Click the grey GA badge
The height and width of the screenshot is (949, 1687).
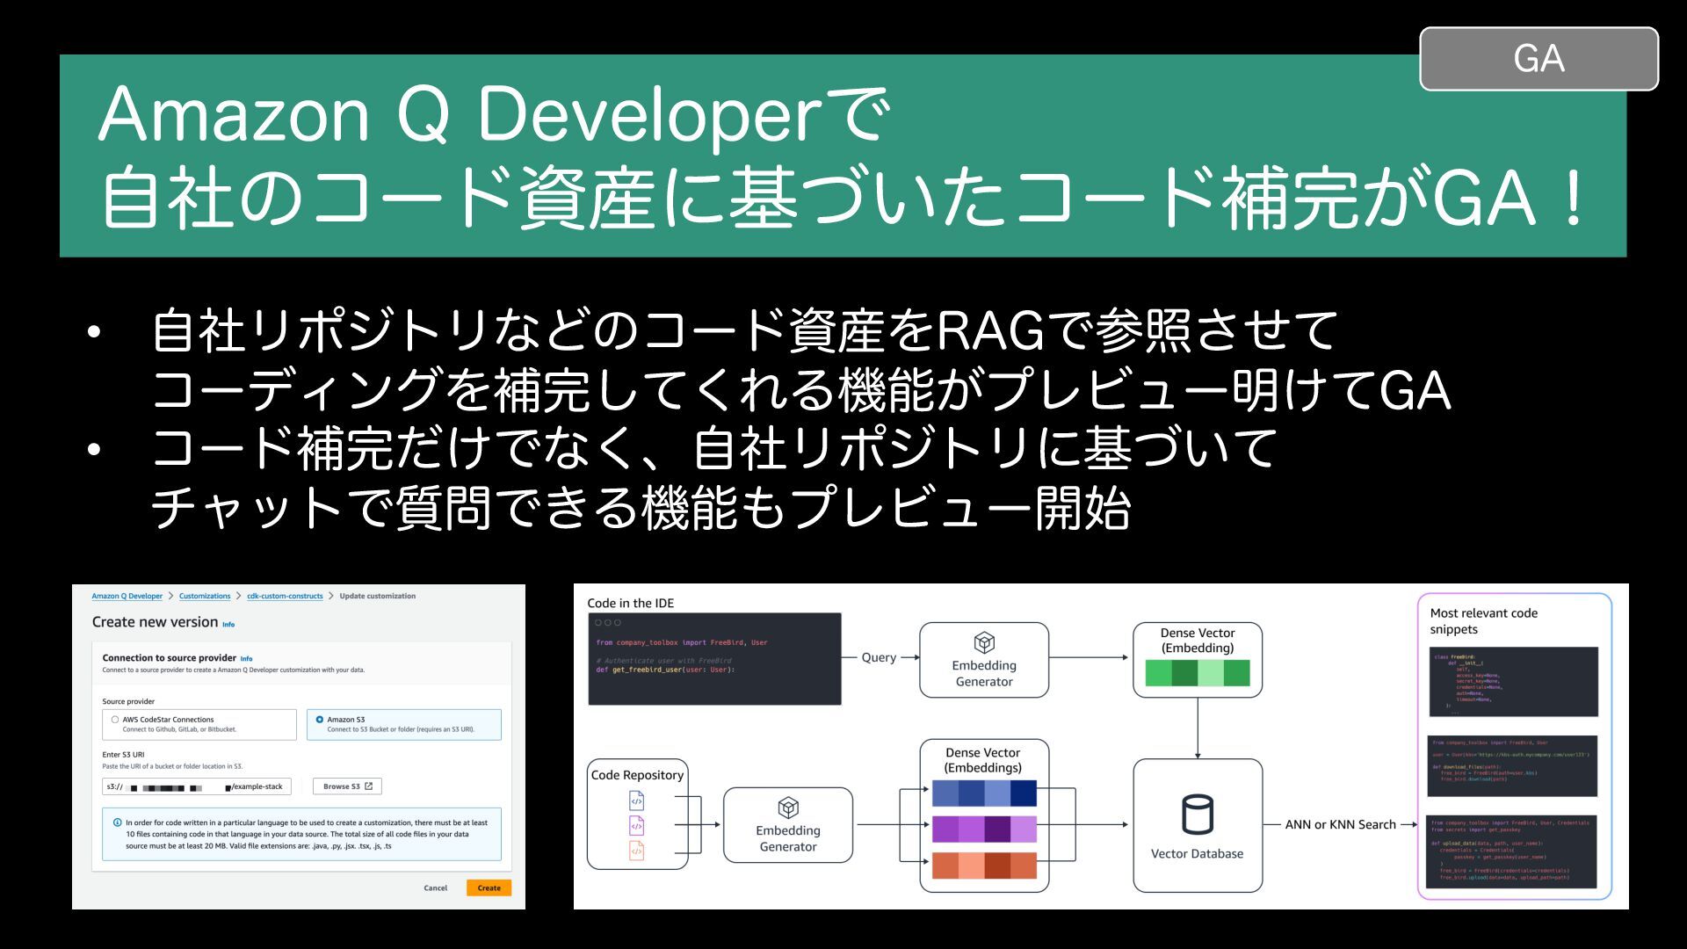1539,59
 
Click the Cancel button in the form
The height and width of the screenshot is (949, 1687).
435,888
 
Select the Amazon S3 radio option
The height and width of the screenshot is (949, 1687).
320,720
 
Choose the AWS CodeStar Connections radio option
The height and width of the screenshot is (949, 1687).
115,720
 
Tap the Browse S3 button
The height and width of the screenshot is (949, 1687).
347,786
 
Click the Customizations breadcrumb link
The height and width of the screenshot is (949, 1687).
205,596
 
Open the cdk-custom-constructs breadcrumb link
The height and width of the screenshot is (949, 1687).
285,596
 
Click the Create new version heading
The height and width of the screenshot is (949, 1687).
155,622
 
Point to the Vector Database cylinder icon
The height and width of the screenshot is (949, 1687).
1197,815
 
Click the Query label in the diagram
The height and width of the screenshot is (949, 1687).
879,657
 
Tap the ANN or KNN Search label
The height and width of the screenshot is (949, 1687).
1340,824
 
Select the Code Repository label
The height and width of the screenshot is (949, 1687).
637,775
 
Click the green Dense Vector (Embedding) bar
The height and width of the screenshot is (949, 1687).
1197,673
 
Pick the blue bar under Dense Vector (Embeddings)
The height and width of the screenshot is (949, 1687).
983,793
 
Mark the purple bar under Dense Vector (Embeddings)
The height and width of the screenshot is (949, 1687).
983,829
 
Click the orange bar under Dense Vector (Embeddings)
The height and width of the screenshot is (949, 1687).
983,865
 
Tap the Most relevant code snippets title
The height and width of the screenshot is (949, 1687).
1483,621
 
